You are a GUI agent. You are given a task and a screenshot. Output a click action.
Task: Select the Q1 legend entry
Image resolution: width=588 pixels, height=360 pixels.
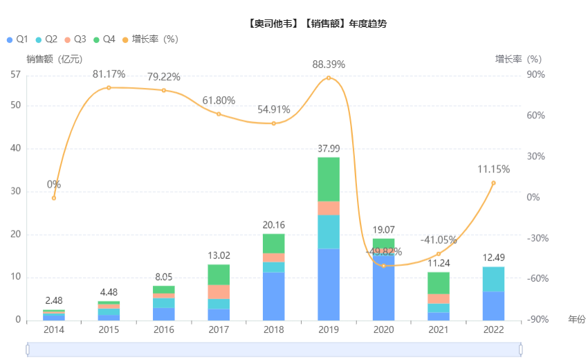pyautogui.click(x=18, y=39)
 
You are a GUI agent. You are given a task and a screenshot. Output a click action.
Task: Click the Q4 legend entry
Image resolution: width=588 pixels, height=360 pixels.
pyautogui.click(x=104, y=39)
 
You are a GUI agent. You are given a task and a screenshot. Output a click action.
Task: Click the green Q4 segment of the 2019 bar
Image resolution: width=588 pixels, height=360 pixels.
pyautogui.click(x=329, y=179)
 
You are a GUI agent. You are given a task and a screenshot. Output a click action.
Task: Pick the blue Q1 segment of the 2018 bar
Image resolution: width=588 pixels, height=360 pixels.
pyautogui.click(x=274, y=296)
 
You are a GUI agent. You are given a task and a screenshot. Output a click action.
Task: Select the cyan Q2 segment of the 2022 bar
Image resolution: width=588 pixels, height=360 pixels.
pyautogui.click(x=493, y=279)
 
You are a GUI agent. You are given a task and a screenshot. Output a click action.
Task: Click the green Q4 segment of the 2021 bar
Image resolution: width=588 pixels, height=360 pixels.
pyautogui.click(x=439, y=282)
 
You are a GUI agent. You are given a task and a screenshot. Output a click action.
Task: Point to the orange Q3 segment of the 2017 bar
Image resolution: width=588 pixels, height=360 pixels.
pyautogui.click(x=219, y=291)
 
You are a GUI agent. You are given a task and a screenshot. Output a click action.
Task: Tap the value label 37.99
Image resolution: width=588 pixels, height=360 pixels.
pyautogui.click(x=329, y=149)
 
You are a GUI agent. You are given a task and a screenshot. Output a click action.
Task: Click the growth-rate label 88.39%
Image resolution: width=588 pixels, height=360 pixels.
pyautogui.click(x=329, y=64)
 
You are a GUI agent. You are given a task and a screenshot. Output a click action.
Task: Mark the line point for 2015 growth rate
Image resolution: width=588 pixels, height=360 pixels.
pyautogui.click(x=109, y=87)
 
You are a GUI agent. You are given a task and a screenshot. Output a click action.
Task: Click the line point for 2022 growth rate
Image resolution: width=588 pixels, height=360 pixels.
pyautogui.click(x=493, y=183)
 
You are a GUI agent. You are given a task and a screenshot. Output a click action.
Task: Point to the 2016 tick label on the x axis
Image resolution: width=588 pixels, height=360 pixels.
pyautogui.click(x=164, y=330)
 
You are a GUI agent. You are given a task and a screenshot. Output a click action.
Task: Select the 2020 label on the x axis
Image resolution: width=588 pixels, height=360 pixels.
pyautogui.click(x=383, y=330)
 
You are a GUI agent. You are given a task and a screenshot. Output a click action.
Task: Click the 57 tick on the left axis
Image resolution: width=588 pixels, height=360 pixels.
pyautogui.click(x=15, y=75)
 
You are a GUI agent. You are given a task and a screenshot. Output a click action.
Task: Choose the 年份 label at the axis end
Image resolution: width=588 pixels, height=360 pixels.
pyautogui.click(x=576, y=319)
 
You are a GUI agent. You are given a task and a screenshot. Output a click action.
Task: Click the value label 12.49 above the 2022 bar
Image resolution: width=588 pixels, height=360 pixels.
pyautogui.click(x=493, y=258)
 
